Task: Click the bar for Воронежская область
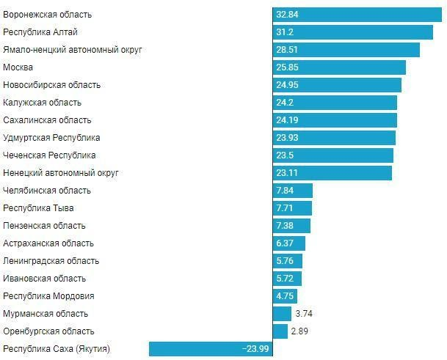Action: pos(357,15)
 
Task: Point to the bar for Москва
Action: pos(339,67)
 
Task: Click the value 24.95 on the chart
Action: pos(288,85)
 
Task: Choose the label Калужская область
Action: pos(43,103)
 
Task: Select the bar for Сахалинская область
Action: pos(335,120)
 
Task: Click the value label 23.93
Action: pos(288,138)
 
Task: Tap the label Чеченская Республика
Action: pos(50,155)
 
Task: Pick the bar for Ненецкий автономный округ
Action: pos(332,173)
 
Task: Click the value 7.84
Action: pos(285,191)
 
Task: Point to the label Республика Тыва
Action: pos(38,208)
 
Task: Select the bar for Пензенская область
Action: pos(291,226)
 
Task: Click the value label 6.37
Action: pos(285,243)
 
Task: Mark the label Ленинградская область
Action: pos(51,261)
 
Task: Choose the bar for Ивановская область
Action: pos(287,279)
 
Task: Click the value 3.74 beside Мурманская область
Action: pos(304,314)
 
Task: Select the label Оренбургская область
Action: pos(49,331)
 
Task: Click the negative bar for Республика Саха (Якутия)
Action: pos(211,349)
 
